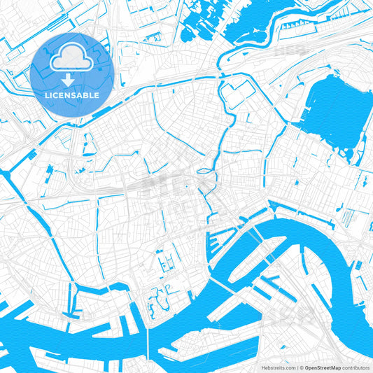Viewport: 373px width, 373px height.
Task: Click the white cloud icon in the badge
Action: [73, 55]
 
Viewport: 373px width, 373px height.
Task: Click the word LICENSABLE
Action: [73, 94]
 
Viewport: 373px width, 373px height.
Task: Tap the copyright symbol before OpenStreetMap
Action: [302, 367]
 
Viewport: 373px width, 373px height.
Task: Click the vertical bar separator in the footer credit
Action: [297, 367]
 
